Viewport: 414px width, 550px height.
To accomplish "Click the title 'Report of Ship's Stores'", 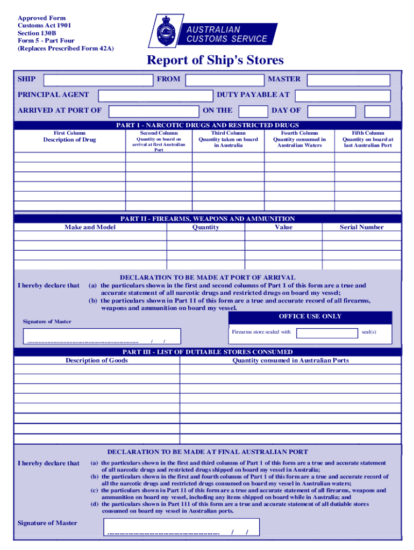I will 215,61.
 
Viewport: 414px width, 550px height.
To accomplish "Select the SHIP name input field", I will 98,80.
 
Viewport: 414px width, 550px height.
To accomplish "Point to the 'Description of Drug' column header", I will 69,140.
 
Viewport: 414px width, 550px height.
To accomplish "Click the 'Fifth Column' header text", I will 368,133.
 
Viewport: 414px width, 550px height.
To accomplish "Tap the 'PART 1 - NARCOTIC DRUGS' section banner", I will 208,125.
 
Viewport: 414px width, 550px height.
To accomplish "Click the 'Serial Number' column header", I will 361,227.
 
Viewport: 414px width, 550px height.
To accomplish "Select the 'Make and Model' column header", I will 90,227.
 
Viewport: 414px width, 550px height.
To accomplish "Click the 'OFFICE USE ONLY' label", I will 310,316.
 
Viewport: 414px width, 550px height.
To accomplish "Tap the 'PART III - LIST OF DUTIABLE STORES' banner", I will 208,352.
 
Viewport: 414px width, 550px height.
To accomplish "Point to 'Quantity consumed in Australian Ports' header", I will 290,360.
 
